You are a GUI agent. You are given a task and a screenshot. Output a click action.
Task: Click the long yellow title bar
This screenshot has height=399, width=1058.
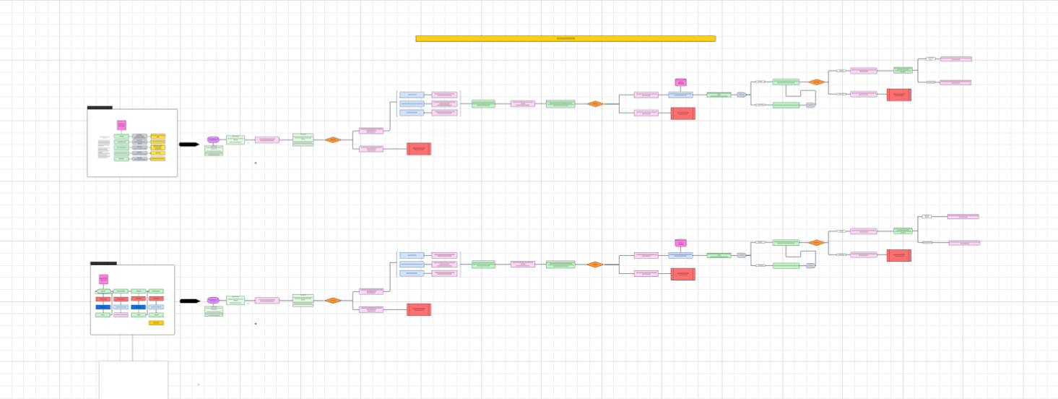565,38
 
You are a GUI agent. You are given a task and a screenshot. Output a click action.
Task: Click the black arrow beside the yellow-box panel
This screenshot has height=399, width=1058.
188,145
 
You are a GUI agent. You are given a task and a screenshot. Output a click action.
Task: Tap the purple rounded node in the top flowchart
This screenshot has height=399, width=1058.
213,140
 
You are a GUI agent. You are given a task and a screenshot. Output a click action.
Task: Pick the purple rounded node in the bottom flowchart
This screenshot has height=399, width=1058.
213,300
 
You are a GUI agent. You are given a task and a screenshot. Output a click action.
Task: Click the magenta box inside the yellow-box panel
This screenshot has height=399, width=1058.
121,125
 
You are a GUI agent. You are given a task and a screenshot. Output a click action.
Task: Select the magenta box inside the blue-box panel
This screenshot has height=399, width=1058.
103,279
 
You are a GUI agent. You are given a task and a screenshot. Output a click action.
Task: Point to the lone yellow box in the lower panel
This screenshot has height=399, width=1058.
156,323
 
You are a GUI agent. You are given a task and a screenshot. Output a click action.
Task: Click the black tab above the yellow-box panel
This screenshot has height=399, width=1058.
100,108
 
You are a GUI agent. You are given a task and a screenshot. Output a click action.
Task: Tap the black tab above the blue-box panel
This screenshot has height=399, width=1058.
103,263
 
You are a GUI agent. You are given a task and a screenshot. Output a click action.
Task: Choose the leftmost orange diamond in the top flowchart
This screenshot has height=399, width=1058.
332,140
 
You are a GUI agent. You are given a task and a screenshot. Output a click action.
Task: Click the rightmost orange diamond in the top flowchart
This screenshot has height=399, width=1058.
816,82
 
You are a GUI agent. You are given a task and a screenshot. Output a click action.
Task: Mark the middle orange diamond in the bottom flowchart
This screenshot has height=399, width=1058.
594,265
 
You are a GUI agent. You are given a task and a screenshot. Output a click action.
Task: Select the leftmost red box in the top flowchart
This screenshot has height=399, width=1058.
419,149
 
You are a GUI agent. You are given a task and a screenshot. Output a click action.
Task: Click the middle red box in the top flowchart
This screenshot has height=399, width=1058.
682,113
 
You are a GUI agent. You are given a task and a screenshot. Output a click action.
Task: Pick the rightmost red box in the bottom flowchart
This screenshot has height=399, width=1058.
898,255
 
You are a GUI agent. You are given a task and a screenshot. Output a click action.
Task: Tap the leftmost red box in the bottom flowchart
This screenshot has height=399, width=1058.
419,309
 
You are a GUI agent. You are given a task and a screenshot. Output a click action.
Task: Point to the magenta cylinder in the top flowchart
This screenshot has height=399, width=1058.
680,82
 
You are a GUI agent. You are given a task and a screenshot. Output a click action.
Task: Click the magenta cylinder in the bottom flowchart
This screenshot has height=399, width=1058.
680,243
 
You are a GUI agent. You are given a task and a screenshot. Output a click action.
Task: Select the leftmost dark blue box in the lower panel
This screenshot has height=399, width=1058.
103,307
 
